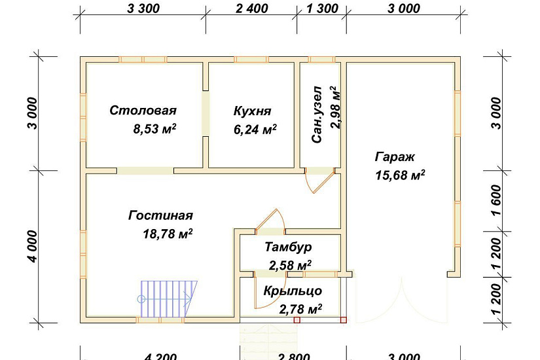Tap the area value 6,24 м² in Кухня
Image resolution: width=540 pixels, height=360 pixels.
(x=255, y=130)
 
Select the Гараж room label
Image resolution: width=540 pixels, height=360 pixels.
(x=395, y=156)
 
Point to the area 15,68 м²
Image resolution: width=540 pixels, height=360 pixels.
(x=400, y=175)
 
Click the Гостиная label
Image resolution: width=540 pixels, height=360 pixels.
(x=160, y=215)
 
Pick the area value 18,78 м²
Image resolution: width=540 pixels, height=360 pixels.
(x=167, y=234)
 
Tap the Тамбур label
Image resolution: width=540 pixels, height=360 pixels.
(x=288, y=247)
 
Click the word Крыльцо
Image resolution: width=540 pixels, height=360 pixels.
(x=293, y=291)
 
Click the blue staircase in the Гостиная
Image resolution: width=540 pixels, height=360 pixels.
(x=168, y=298)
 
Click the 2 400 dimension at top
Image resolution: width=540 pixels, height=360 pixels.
(x=251, y=9)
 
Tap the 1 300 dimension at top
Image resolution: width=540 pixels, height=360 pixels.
(x=322, y=9)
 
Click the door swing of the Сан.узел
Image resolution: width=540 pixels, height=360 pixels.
(x=321, y=179)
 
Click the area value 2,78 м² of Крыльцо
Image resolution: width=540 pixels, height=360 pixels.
(x=300, y=308)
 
